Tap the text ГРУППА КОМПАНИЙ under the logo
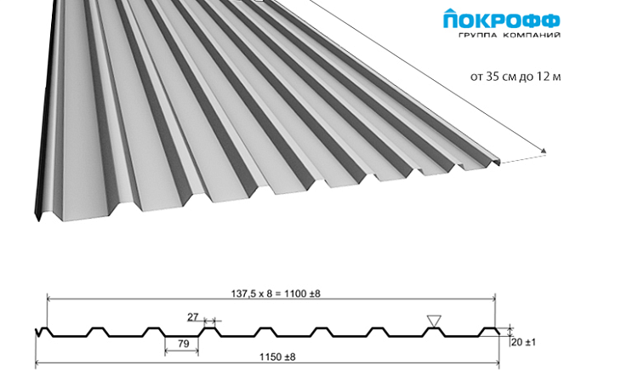[510, 35]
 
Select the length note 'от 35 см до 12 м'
[516, 76]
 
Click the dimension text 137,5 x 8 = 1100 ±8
[276, 294]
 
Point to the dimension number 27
[193, 317]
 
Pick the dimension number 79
[184, 344]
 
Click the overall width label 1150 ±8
[277, 357]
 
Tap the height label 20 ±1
[523, 342]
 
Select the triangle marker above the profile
[434, 321]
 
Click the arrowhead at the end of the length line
[544, 151]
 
